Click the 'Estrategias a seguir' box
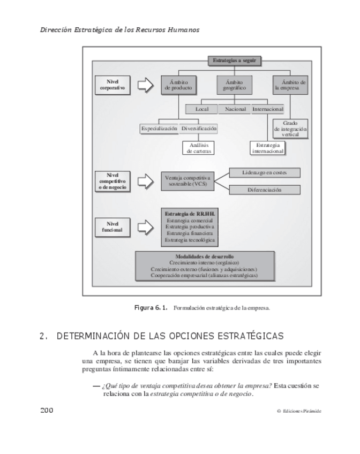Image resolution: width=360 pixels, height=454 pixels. click(x=234, y=60)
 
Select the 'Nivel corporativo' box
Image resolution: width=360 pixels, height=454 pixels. click(x=112, y=85)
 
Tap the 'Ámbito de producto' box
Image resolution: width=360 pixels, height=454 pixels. click(x=177, y=85)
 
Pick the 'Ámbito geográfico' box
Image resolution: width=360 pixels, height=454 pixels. click(x=234, y=85)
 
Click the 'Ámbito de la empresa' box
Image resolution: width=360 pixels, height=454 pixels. click(x=290, y=85)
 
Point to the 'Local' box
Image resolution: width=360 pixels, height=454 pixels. click(x=201, y=109)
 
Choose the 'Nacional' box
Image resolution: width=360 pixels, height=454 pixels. click(x=235, y=109)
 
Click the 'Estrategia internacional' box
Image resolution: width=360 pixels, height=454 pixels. click(x=267, y=148)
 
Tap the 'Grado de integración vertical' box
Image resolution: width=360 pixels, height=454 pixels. click(x=290, y=129)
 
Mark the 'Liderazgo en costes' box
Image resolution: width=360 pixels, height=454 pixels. click(x=264, y=172)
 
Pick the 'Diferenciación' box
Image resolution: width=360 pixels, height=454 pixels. click(x=264, y=190)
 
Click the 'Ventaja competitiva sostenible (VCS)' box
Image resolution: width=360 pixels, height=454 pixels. click(x=187, y=180)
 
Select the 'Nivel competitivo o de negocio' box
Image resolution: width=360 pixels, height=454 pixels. click(x=112, y=181)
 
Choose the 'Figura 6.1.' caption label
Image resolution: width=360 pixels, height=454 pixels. click(x=151, y=308)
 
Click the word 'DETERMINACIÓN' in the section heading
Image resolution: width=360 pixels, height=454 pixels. click(x=94, y=336)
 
